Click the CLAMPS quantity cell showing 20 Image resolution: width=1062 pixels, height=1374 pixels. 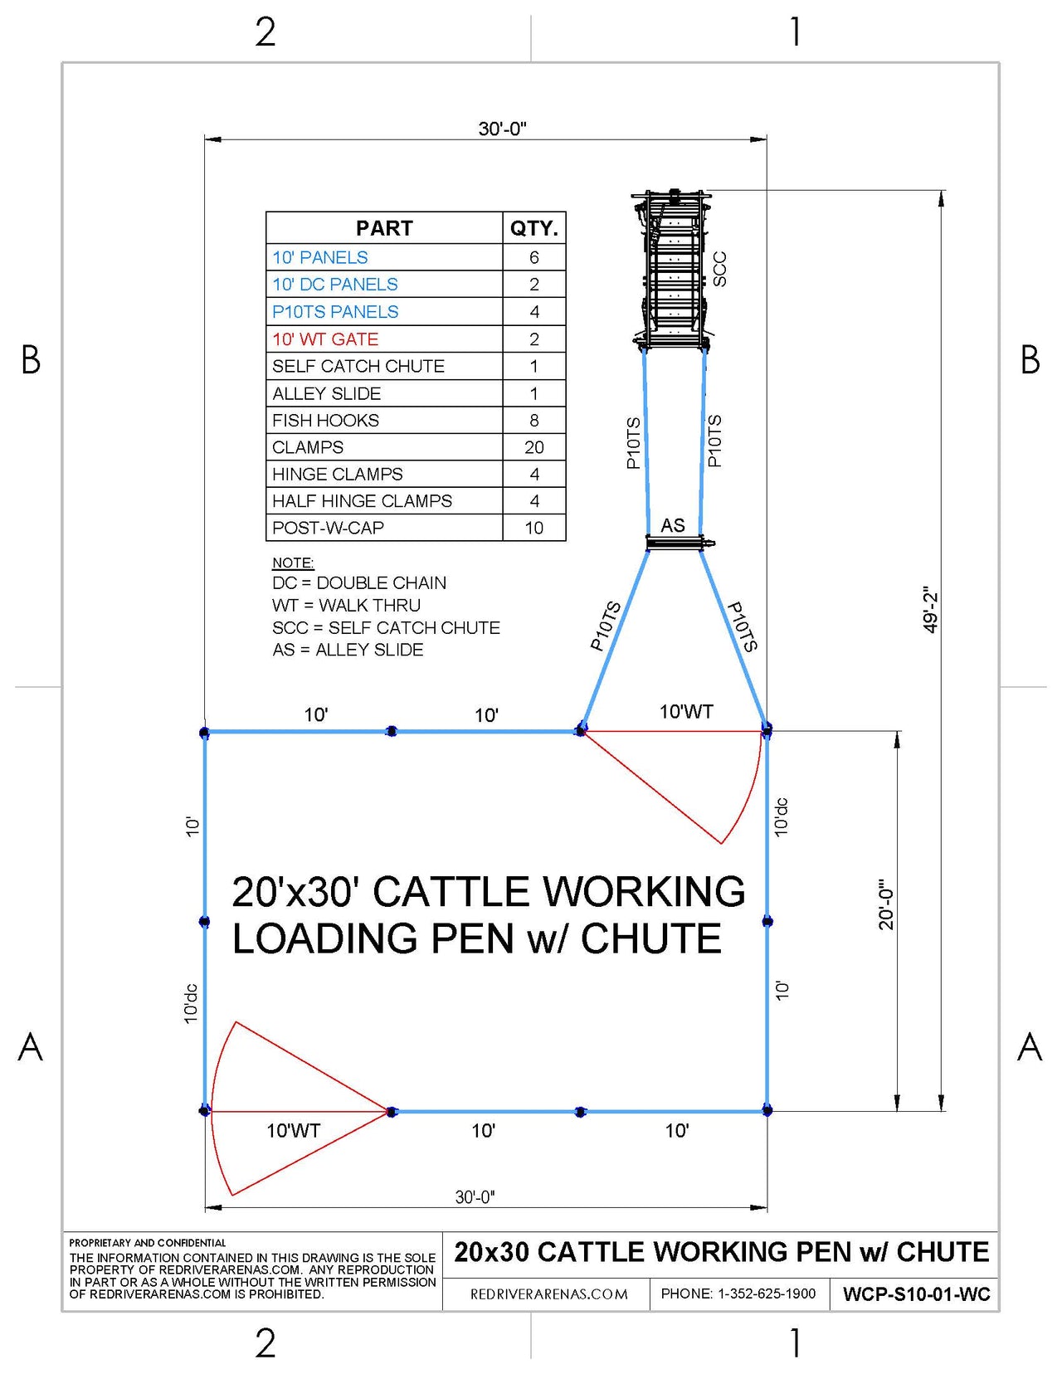pos(533,447)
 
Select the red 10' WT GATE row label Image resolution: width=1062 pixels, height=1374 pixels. pos(325,339)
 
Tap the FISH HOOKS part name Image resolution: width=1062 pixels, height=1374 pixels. pos(325,421)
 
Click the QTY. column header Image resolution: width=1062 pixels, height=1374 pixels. pos(533,228)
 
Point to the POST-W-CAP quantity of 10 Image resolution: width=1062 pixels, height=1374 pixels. pos(533,528)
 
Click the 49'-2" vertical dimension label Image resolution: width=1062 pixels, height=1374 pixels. pos(930,611)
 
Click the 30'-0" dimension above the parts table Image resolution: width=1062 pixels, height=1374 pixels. pos(502,129)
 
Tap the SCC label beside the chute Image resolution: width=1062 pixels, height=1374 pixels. pos(720,269)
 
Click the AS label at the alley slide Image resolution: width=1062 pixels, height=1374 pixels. pos(673,525)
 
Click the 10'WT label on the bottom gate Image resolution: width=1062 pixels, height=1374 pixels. pos(293,1131)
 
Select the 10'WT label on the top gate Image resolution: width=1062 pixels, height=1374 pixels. pos(686,712)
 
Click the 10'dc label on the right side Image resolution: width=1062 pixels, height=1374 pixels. pos(782,817)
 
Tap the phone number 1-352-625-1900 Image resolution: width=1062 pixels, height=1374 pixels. pos(738,1294)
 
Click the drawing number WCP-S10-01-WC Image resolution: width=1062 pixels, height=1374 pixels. pos(916,1294)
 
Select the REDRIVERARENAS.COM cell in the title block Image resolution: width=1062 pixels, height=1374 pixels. pos(548,1294)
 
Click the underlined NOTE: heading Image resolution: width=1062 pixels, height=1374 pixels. pos(293,563)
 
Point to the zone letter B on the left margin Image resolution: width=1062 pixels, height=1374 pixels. pos(31,360)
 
